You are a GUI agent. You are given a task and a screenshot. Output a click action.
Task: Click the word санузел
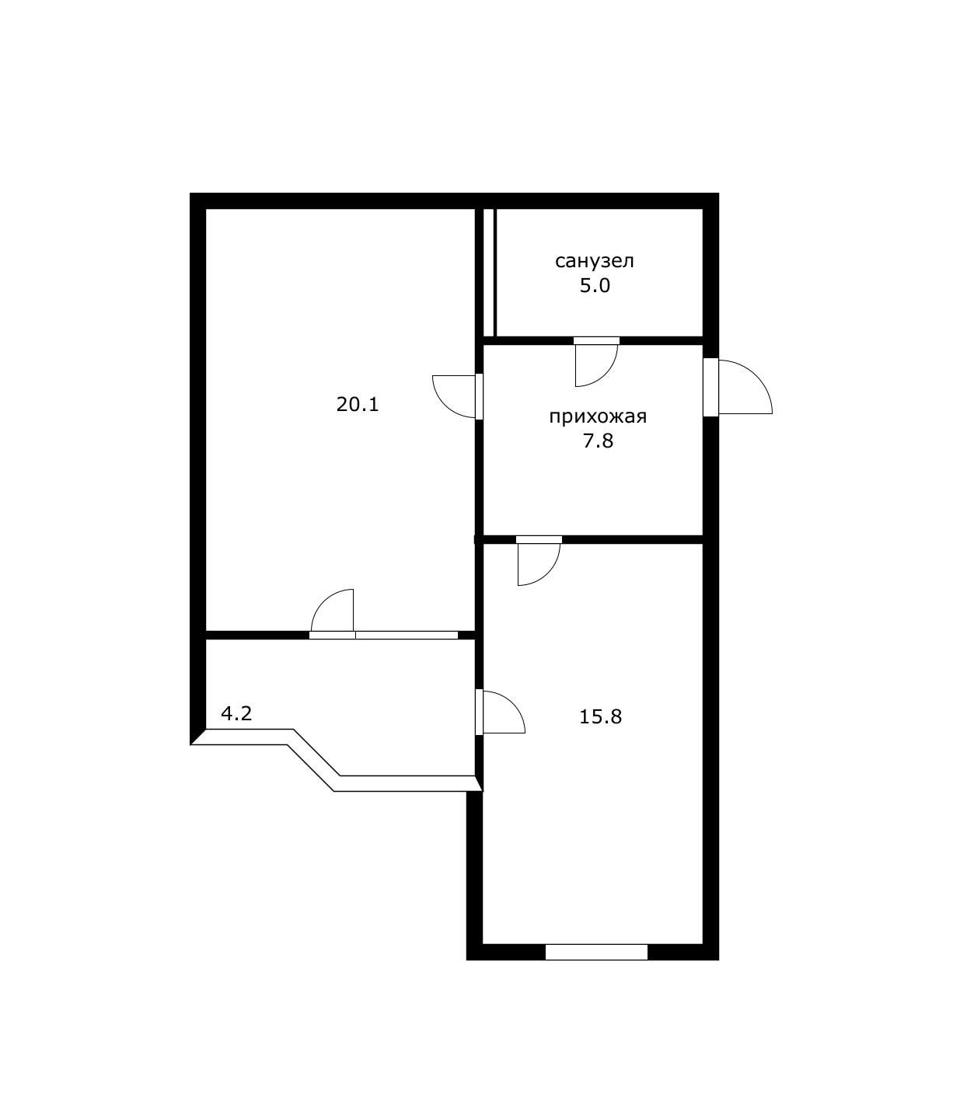(x=594, y=261)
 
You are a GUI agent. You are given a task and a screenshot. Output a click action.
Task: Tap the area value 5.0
(x=594, y=286)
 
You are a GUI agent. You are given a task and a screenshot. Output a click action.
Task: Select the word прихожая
(x=598, y=417)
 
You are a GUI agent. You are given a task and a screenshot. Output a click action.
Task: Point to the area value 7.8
(x=598, y=441)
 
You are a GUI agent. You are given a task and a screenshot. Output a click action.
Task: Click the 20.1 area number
(x=358, y=405)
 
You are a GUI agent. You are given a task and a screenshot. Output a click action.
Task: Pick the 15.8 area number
(x=600, y=716)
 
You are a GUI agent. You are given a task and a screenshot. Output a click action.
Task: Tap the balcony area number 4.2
(x=236, y=713)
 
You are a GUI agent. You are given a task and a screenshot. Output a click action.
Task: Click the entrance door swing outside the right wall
(x=745, y=388)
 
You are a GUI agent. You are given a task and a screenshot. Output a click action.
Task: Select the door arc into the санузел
(x=595, y=364)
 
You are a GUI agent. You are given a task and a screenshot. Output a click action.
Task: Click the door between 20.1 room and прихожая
(x=454, y=396)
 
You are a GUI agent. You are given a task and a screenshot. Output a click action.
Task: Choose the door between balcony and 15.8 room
(x=502, y=712)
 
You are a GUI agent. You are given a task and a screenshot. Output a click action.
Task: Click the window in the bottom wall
(x=596, y=952)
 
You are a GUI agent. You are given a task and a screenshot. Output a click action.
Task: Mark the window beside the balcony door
(x=407, y=635)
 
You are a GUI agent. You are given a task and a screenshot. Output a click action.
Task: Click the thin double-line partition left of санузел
(x=490, y=272)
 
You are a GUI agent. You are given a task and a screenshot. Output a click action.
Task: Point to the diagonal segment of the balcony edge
(x=314, y=760)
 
